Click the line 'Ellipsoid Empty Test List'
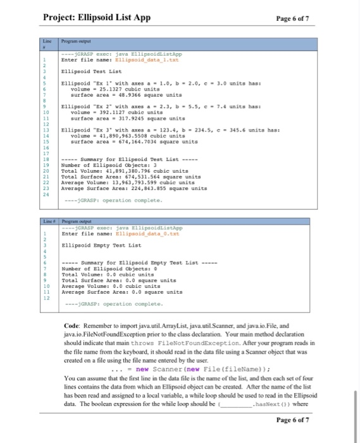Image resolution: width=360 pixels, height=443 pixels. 100,245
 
